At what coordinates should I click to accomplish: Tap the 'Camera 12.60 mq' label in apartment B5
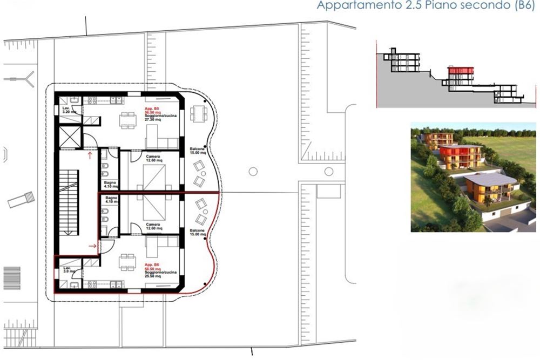click(x=153, y=158)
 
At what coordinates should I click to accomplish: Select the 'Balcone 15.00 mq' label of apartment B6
click(x=198, y=233)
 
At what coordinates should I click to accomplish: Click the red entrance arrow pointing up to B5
click(x=90, y=155)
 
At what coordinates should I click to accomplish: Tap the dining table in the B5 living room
click(x=128, y=120)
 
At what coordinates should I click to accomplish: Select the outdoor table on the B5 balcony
click(x=198, y=113)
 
